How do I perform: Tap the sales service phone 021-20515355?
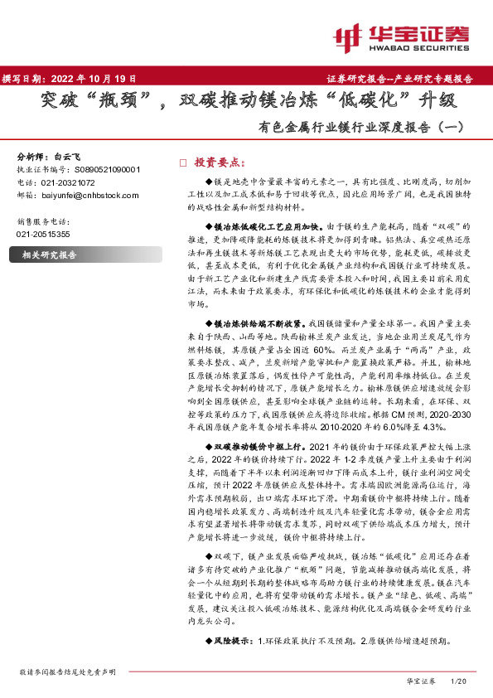pyautogui.click(x=43, y=235)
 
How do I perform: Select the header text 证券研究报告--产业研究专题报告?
pyautogui.click(x=406, y=80)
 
